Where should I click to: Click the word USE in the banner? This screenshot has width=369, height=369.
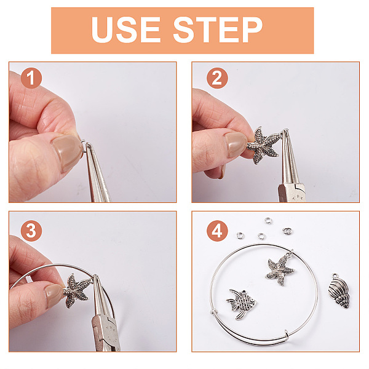coord(126,30)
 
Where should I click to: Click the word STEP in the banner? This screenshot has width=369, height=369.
coord(218,30)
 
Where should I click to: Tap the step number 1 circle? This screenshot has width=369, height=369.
coord(31,78)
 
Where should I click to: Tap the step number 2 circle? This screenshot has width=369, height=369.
coord(217,78)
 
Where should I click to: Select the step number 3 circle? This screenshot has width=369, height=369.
coord(31,231)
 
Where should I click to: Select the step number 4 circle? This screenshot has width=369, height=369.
coord(217,231)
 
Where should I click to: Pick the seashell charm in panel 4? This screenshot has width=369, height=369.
coord(339,291)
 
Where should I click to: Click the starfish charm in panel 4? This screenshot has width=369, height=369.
coord(280,270)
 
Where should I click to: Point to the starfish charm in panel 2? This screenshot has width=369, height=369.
coord(264,145)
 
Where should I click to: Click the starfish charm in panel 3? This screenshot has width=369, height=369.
coord(76,291)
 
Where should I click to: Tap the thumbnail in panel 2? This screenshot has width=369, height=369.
coord(235,145)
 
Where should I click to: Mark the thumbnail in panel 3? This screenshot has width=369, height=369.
coord(54,296)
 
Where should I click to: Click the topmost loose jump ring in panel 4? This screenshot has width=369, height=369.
coord(268,220)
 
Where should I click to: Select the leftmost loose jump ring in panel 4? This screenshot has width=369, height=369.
coord(240,235)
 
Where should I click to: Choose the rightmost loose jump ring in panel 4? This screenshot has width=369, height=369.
coord(287,231)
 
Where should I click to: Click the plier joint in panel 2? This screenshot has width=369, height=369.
coord(292,192)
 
